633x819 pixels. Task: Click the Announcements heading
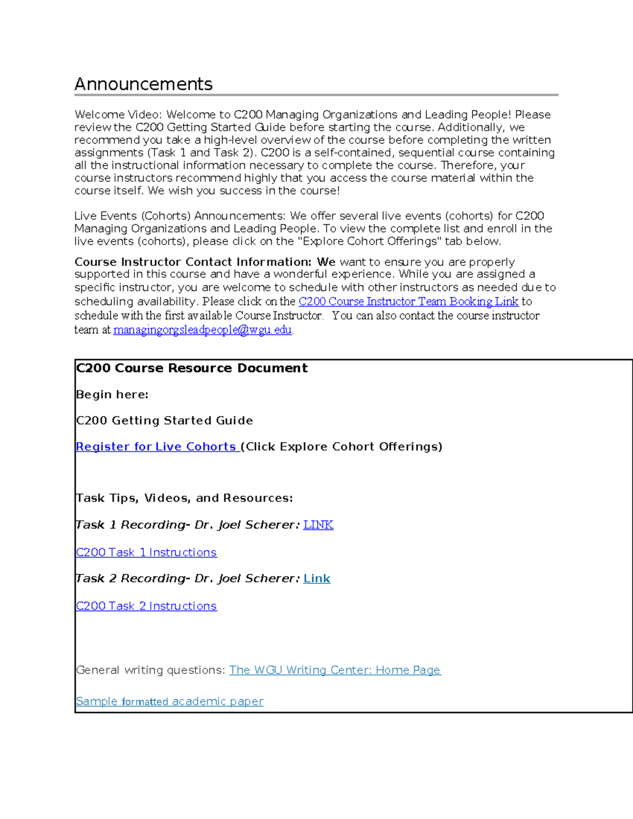pos(143,84)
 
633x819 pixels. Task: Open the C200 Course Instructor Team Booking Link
pos(408,302)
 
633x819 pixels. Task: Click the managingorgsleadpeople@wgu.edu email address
pos(203,330)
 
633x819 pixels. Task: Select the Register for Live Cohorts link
pos(156,447)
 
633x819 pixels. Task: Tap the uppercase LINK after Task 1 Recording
pos(318,525)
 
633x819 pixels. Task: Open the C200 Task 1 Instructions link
pos(146,552)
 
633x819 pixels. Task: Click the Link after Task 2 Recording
pos(317,579)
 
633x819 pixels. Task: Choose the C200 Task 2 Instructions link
pos(146,606)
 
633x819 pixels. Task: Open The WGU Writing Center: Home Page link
pos(335,670)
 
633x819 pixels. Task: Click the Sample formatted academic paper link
pos(169,701)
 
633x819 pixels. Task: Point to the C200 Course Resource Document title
pos(191,368)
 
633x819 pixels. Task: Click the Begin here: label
pos(112,394)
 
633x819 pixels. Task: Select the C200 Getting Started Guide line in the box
pos(164,420)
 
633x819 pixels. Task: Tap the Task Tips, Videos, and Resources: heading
pos(184,498)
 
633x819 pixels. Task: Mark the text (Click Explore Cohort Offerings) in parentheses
pos(341,447)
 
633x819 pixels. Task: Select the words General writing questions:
pos(150,670)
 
